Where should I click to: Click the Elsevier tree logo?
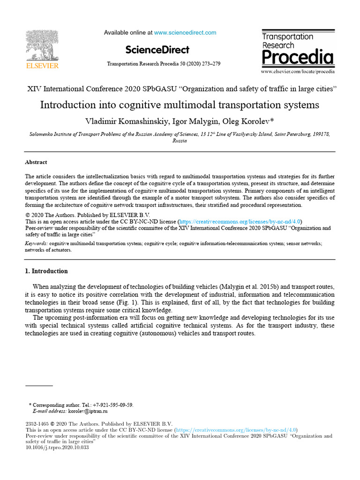tap(42, 45)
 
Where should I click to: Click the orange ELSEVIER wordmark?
tap(42, 66)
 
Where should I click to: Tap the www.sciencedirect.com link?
tap(185, 33)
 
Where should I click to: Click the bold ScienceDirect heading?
tap(157, 50)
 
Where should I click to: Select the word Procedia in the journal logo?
tap(298, 58)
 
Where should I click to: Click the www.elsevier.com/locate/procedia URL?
tap(298, 72)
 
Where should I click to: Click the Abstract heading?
tap(36, 162)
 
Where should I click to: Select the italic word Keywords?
tap(36, 244)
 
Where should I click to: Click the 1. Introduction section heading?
tap(46, 271)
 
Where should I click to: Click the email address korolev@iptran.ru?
tap(88, 411)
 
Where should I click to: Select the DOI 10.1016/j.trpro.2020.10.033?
tap(57, 448)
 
